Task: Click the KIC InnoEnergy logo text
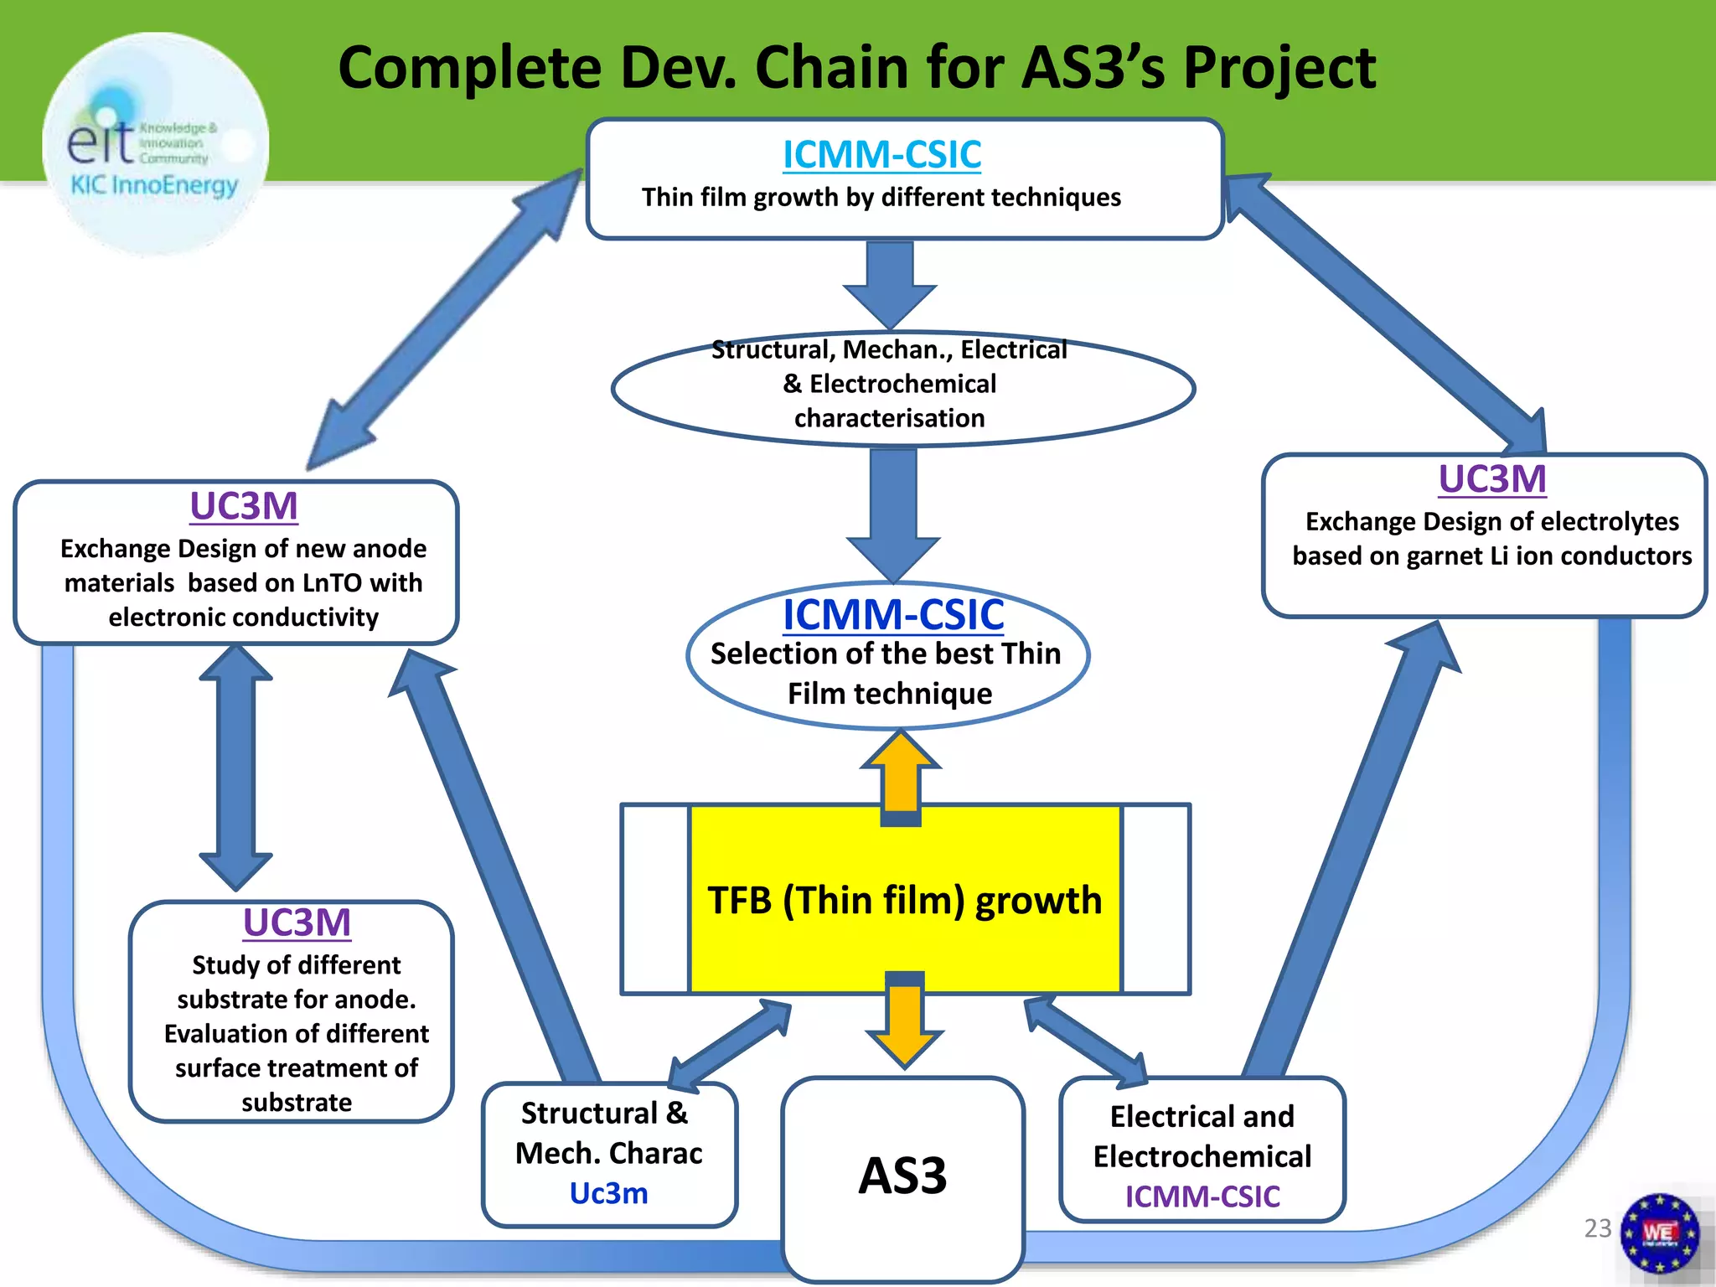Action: (154, 185)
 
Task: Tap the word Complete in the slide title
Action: (470, 69)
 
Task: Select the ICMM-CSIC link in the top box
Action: (881, 155)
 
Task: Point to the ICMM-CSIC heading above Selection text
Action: (893, 615)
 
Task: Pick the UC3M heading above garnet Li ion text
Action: (1492, 479)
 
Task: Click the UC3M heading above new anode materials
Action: (244, 506)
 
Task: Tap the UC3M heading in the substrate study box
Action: (297, 923)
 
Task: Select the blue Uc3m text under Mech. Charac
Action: (609, 1193)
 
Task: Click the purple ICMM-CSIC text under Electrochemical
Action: (1202, 1197)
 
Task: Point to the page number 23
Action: (1597, 1228)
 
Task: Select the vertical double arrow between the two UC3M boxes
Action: (235, 767)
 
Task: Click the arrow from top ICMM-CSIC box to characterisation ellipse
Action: (890, 285)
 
